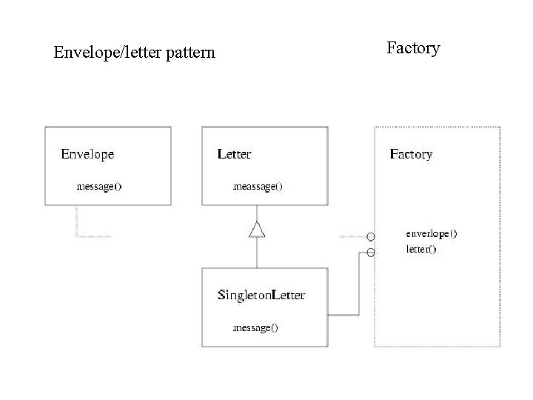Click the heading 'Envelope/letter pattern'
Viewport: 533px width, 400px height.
point(134,53)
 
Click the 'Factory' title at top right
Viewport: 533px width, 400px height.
point(413,48)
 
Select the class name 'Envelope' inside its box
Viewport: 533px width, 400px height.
point(87,155)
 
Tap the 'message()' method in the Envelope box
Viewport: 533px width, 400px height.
point(99,187)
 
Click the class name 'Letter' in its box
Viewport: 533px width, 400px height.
point(234,155)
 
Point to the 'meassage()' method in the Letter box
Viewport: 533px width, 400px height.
point(257,187)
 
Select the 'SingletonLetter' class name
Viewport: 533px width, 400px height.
point(261,296)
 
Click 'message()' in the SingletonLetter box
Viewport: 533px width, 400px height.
point(255,327)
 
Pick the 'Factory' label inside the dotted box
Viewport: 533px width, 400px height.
point(411,155)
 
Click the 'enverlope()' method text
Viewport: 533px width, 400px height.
point(431,233)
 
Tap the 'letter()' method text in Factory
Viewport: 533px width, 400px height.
point(420,249)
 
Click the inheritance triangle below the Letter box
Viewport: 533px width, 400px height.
point(257,230)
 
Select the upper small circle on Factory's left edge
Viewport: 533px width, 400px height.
point(371,237)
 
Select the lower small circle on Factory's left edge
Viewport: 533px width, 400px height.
point(371,252)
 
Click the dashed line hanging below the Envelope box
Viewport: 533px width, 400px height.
point(76,222)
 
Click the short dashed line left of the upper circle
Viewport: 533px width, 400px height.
point(352,237)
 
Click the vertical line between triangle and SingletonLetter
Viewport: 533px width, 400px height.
point(257,253)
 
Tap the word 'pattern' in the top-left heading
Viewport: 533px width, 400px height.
point(192,53)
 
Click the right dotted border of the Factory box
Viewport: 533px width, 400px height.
point(500,237)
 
